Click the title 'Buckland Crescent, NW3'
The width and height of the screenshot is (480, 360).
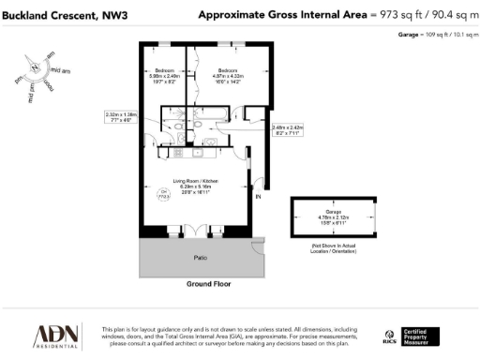[58, 15]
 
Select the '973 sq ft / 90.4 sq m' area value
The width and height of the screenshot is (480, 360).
[422, 15]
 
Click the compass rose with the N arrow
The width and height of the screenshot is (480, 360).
[36, 69]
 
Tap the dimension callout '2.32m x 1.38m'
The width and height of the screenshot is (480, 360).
[121, 118]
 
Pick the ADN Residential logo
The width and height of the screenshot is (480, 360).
[57, 336]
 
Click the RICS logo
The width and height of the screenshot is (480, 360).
[391, 337]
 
